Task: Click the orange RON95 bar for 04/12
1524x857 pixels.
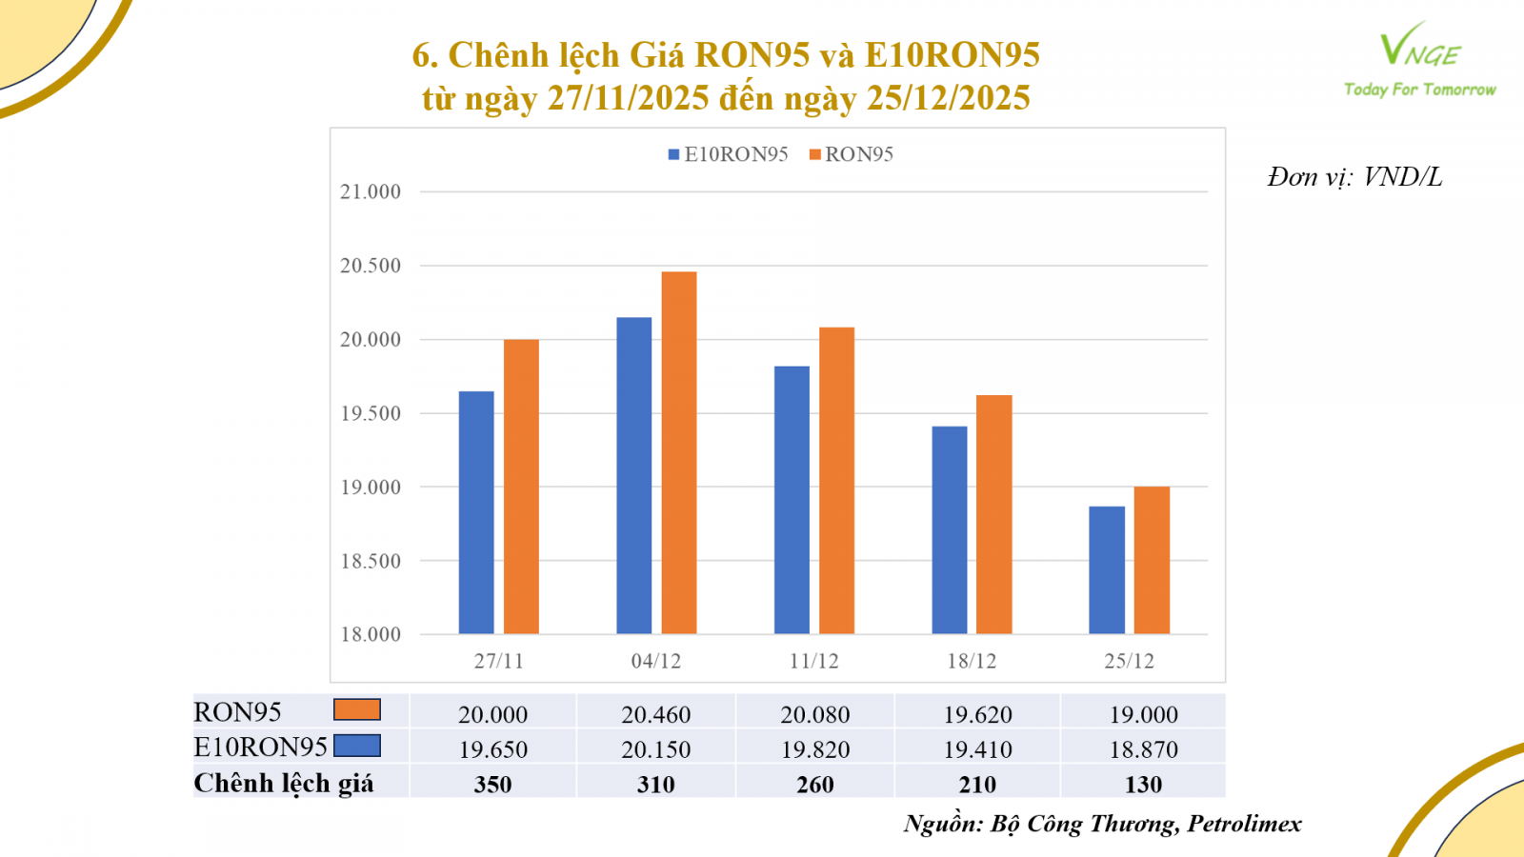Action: tap(679, 452)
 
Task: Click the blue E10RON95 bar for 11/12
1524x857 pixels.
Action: tap(792, 500)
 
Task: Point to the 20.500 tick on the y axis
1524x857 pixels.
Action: tap(371, 266)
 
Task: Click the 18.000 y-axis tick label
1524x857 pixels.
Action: tap(371, 634)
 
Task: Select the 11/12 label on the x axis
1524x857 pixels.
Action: tap(814, 661)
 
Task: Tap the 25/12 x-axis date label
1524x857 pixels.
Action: tap(1130, 661)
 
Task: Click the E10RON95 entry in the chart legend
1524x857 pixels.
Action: tap(729, 154)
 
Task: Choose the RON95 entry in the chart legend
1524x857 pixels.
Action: tap(852, 154)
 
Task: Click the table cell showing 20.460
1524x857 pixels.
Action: tap(655, 714)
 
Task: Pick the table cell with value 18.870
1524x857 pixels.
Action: tap(1143, 749)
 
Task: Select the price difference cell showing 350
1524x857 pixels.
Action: tap(492, 785)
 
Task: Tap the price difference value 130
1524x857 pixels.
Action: tap(1143, 785)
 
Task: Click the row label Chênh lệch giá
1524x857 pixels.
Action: tap(284, 783)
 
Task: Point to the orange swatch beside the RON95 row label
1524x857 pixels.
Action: tap(357, 709)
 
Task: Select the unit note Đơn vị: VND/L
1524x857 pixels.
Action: tap(1354, 177)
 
